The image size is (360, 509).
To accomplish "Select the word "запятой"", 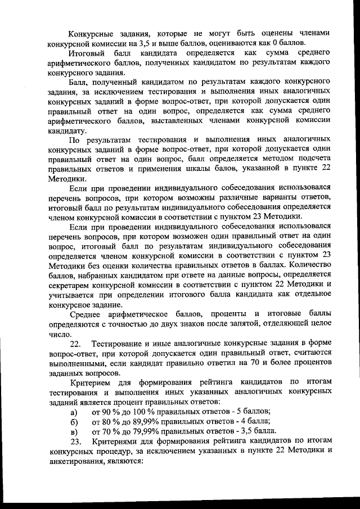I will [x=223, y=324].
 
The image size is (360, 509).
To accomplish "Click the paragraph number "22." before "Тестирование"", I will [x=75, y=344].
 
